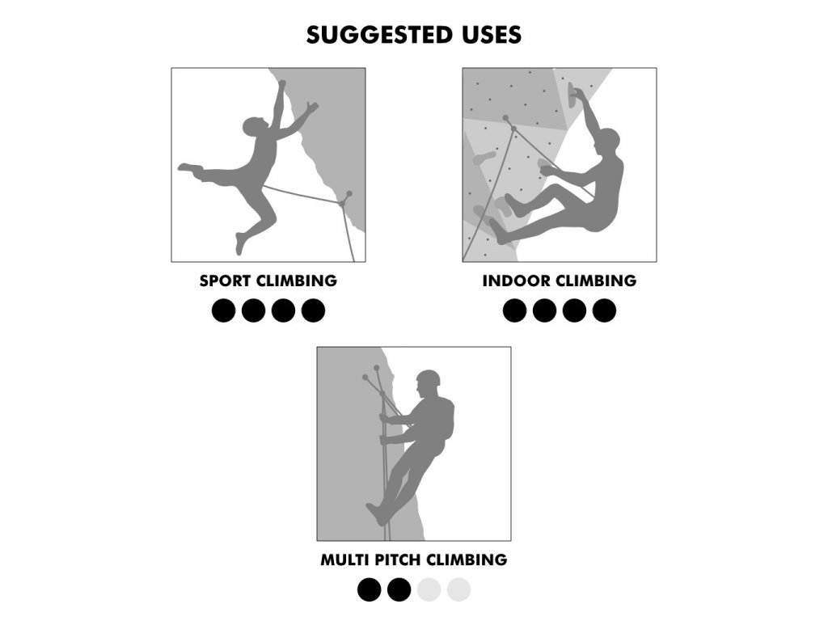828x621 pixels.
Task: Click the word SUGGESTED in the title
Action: click(x=373, y=35)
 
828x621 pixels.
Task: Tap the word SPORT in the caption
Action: click(x=224, y=281)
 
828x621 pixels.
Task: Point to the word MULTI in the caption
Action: click(x=344, y=560)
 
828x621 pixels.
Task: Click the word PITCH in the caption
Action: click(x=398, y=560)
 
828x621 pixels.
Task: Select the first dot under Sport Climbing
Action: click(x=223, y=310)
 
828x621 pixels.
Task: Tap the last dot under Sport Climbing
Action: click(x=313, y=310)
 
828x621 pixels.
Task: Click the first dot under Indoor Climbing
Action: click(x=515, y=310)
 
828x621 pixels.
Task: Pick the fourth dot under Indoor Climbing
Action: click(x=604, y=310)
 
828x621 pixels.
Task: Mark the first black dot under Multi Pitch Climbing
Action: click(x=369, y=589)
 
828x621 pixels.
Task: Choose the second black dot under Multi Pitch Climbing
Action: click(x=399, y=589)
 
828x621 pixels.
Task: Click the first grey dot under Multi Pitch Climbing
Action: click(x=429, y=589)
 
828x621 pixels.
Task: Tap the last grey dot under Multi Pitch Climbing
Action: click(x=459, y=589)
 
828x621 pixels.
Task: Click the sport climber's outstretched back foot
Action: click(x=189, y=168)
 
